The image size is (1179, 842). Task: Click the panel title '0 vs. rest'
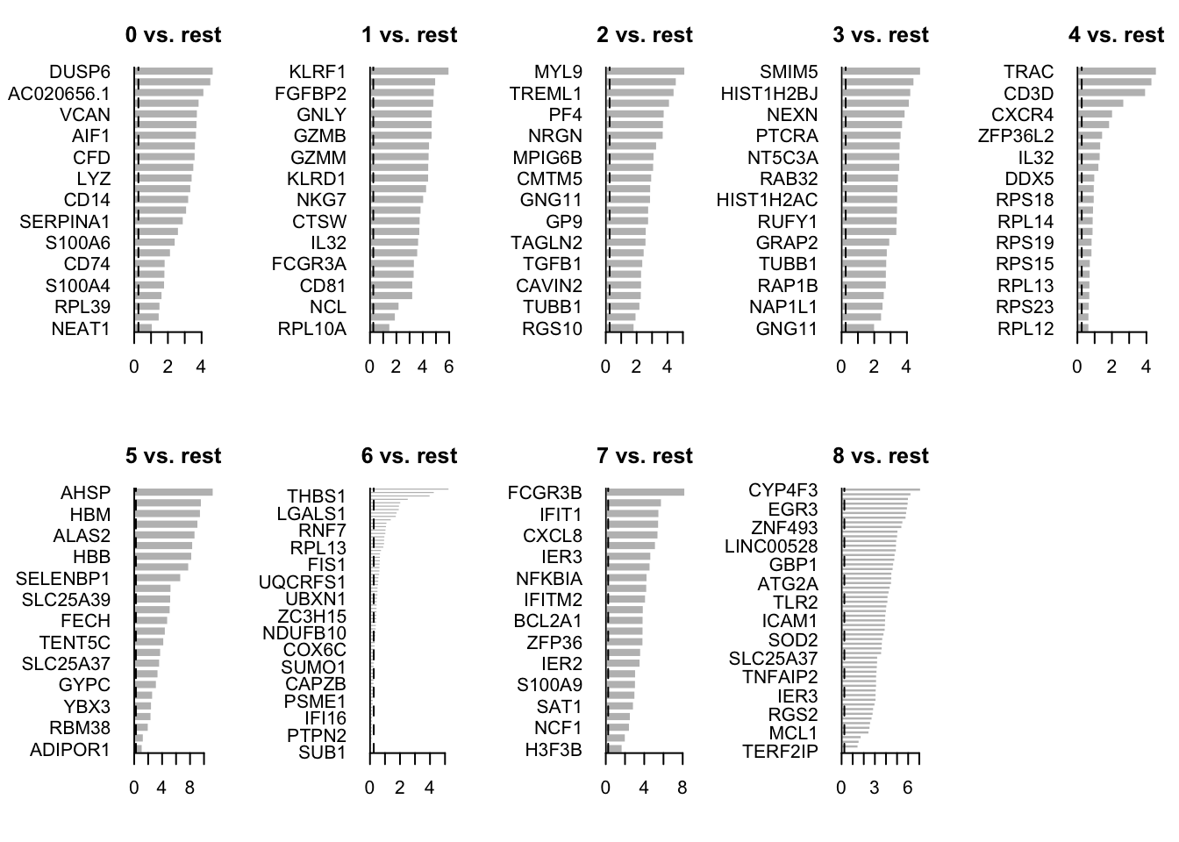click(173, 35)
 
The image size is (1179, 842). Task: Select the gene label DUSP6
click(80, 72)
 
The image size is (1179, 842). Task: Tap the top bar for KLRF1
click(410, 72)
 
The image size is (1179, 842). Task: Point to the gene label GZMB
click(319, 136)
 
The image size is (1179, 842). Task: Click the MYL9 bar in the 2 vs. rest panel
click(646, 72)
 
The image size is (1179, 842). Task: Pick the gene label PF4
click(565, 115)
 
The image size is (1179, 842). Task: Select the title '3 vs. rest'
click(881, 35)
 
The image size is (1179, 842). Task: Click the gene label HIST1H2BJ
click(769, 93)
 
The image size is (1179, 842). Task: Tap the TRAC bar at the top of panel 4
click(1118, 72)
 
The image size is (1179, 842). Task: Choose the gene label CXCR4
click(1022, 115)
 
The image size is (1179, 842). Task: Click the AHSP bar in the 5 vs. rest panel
click(175, 492)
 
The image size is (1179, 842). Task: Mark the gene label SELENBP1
click(63, 579)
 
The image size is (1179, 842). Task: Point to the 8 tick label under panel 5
click(189, 788)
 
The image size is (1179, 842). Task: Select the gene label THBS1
click(317, 496)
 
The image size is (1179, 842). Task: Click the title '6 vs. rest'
click(409, 456)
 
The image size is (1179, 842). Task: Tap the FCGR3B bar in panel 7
click(646, 492)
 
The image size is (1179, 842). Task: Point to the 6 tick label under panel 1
click(448, 367)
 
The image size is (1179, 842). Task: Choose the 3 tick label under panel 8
click(875, 788)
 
